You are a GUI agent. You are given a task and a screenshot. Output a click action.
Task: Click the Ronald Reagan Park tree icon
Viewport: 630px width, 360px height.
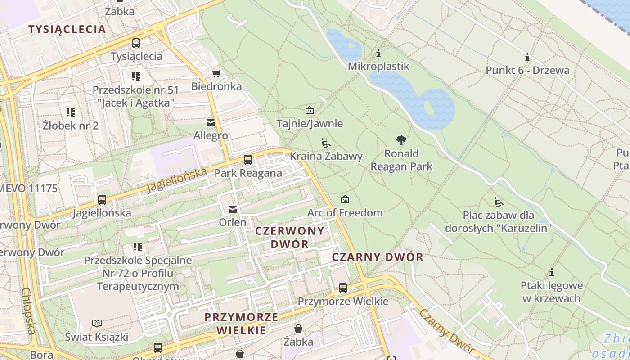pos(401,140)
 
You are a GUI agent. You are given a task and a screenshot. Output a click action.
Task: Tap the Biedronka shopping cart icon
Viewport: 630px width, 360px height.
pos(216,73)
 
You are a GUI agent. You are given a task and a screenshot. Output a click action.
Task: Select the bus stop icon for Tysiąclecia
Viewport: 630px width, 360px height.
pos(136,43)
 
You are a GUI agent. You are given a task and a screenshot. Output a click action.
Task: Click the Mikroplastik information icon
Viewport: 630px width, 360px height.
pos(378,54)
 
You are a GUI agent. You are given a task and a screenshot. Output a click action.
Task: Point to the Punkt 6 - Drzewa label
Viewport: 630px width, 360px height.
pos(527,70)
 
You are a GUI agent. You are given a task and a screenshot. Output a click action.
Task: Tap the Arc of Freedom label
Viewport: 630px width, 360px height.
pos(345,212)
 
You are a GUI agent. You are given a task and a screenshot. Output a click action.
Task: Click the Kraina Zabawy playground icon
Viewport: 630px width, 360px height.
pos(326,143)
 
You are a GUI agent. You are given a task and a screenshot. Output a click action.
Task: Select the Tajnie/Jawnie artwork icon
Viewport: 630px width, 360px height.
pos(310,110)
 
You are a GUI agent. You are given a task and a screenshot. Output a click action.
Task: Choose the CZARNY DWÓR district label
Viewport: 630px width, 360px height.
pos(378,257)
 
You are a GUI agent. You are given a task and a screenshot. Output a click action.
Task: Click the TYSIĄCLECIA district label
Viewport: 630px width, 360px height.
pos(67,30)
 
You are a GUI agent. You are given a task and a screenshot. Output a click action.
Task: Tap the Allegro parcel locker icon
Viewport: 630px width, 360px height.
pos(210,122)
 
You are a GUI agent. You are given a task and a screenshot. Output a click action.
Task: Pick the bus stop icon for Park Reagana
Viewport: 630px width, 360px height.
pos(248,160)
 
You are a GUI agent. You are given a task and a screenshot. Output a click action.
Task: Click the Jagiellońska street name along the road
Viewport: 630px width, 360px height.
pos(177,180)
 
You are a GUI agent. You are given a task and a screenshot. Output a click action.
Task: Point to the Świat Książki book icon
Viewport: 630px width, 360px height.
pos(97,323)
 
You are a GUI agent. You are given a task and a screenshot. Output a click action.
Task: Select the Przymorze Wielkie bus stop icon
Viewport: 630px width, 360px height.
pos(343,288)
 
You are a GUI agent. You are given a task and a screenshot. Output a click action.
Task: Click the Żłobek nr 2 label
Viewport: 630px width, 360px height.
pos(71,125)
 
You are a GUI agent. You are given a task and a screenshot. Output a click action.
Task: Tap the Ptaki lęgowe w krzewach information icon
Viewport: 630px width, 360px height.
pos(551,272)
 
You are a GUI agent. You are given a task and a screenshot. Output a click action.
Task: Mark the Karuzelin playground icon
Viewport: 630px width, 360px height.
pos(498,202)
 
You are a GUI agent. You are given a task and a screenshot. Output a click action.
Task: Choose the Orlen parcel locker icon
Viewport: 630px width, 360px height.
pos(233,209)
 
